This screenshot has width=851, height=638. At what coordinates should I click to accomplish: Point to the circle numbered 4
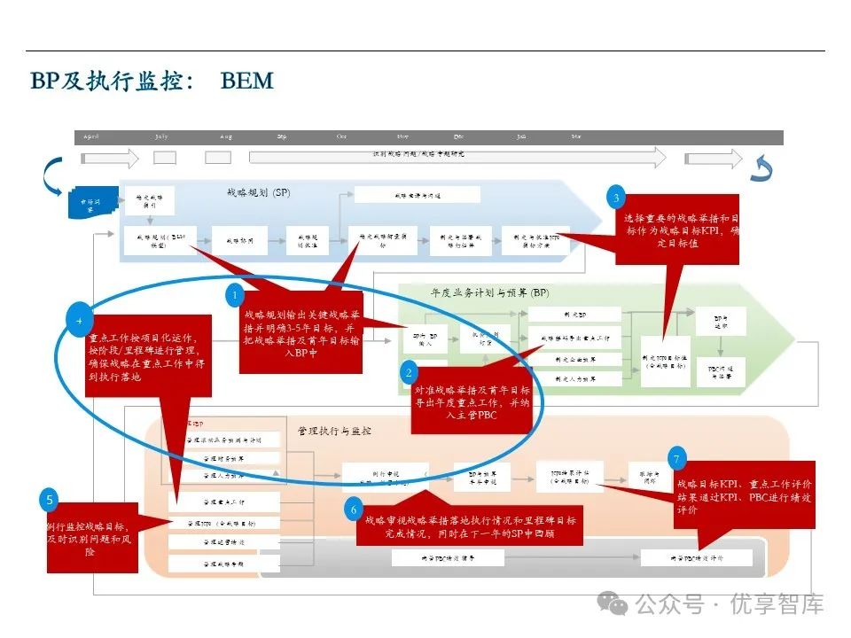click(80, 316)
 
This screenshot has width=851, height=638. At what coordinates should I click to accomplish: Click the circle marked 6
click(353, 510)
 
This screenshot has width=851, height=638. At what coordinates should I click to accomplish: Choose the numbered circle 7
click(678, 458)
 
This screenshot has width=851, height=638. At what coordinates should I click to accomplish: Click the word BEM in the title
click(247, 82)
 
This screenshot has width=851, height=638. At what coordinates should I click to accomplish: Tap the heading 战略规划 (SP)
click(258, 192)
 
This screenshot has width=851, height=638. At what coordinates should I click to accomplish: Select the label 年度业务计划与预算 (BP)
click(489, 293)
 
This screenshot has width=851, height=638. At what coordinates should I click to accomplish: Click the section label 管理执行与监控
click(334, 431)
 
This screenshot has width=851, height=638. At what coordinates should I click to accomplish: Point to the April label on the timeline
click(91, 137)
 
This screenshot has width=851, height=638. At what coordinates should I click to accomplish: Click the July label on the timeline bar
click(161, 137)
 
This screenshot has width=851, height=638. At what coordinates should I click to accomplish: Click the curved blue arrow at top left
click(53, 173)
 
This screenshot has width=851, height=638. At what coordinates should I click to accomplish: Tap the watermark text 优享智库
click(776, 604)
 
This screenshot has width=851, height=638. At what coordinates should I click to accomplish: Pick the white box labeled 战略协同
click(239, 241)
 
